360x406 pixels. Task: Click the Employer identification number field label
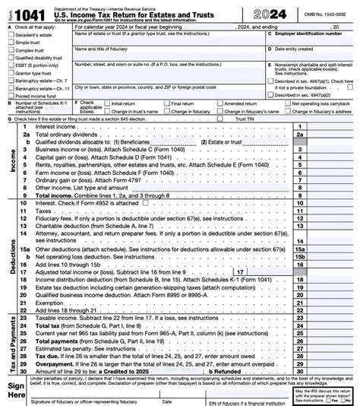[305, 33]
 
